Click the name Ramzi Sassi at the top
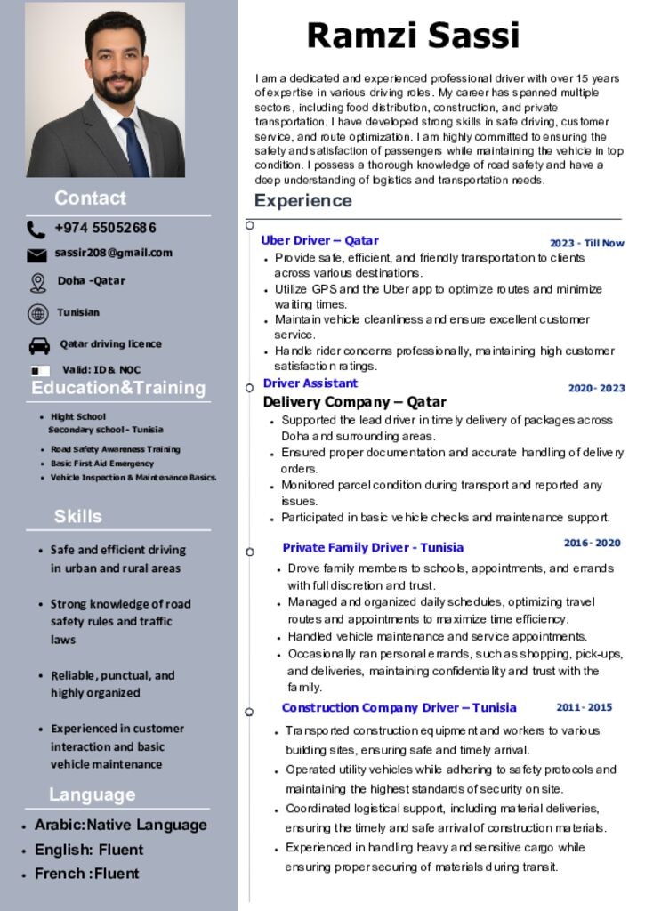[x=413, y=36]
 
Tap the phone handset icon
[x=36, y=230]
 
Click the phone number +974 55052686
[x=105, y=228]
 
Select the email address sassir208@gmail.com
[x=113, y=253]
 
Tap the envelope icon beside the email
[x=36, y=255]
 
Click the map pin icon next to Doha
[x=37, y=283]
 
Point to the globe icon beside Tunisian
[x=38, y=313]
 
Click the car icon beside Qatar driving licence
[x=39, y=345]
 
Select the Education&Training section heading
[x=118, y=388]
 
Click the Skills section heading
[x=78, y=516]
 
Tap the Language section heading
[x=93, y=794]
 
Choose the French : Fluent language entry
[x=86, y=874]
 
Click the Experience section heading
[x=302, y=201]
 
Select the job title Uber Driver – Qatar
[x=319, y=240]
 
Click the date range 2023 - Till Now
[x=586, y=243]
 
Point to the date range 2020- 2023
[x=596, y=388]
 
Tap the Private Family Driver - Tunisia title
[x=373, y=547]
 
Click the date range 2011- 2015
[x=584, y=707]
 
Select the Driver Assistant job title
[x=310, y=383]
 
